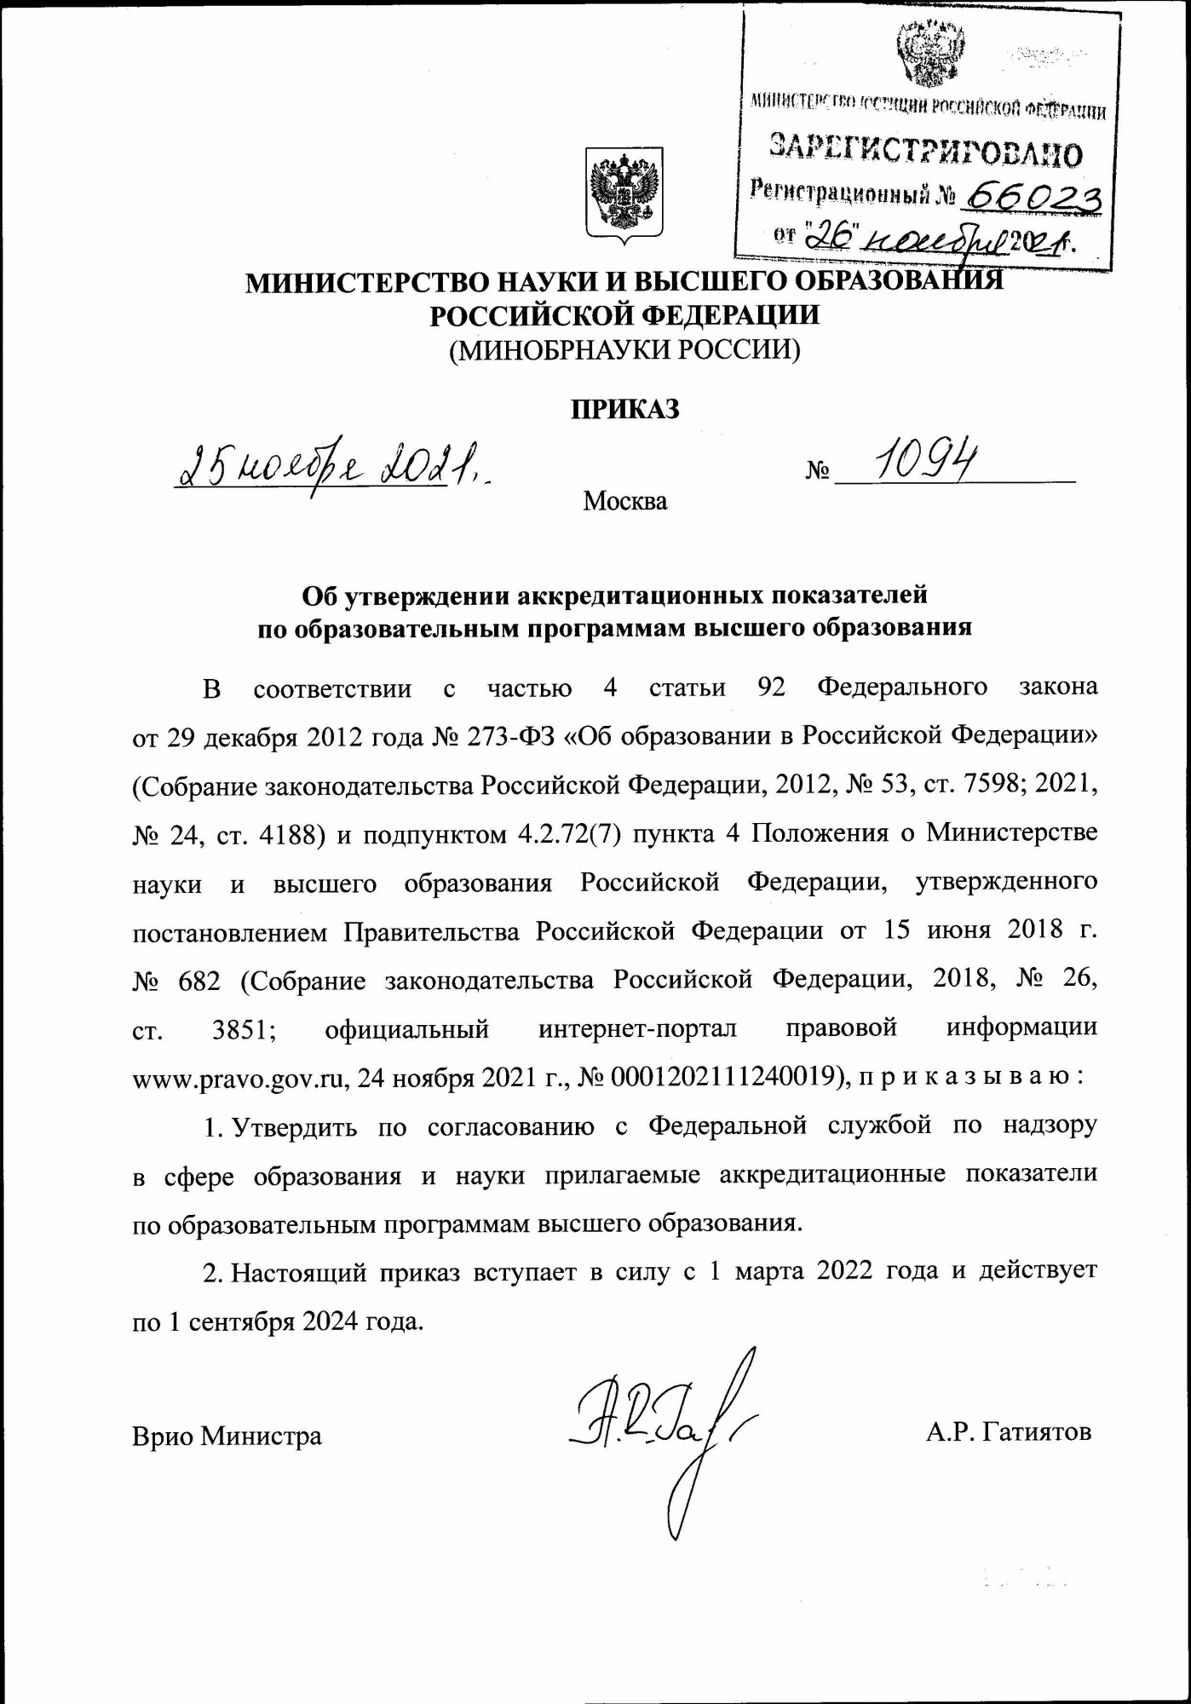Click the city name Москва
coord(624,501)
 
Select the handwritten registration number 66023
coord(1030,198)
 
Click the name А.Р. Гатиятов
coord(1009,1432)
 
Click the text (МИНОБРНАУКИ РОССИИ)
coord(624,351)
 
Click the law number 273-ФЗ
coord(512,736)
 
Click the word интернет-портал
coord(637,1029)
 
